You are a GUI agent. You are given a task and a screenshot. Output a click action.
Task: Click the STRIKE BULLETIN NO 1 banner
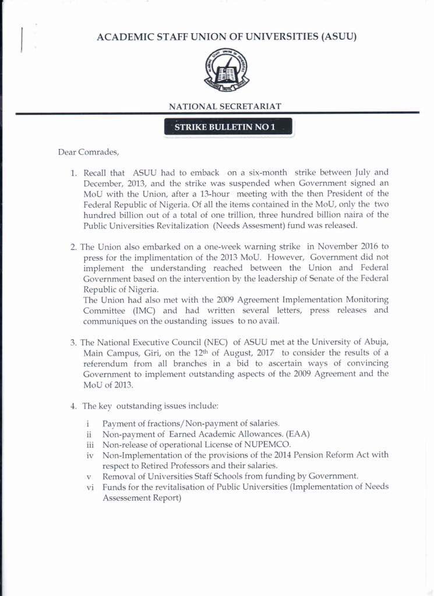click(228, 127)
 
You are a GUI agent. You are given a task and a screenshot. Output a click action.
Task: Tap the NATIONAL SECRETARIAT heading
click(225, 107)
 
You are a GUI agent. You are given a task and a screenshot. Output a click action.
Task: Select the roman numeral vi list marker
click(90, 487)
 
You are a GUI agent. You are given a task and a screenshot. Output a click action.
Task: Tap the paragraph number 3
click(73, 342)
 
